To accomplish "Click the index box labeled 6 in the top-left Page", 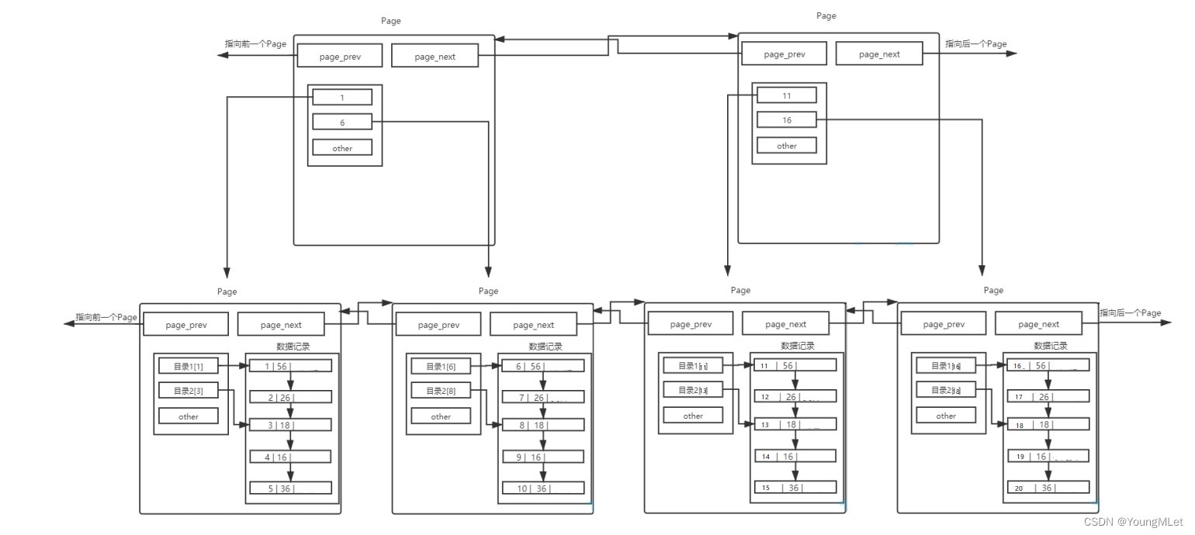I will (342, 123).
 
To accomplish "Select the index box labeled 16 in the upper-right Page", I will (787, 120).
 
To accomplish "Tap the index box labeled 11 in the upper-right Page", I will (787, 95).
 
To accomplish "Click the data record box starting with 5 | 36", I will (290, 488).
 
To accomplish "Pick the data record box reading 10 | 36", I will (542, 488).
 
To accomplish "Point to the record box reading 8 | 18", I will (542, 426).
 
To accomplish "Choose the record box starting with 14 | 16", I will (795, 457).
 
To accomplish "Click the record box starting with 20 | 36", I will (1048, 488).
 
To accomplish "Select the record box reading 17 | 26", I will (1048, 397).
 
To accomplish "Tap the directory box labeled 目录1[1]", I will (189, 366).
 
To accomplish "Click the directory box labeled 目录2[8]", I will (441, 391).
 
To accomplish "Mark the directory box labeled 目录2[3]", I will (189, 391).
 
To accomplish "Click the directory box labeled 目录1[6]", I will (441, 367).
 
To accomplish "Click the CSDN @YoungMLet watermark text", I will (1133, 523).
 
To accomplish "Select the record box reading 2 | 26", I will (290, 397).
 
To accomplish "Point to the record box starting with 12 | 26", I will (795, 397).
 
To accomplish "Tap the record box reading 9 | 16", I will (542, 457).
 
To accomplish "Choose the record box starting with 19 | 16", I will (1048, 457).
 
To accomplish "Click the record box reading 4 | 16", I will (290, 457).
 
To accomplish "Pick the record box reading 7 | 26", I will (542, 398).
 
